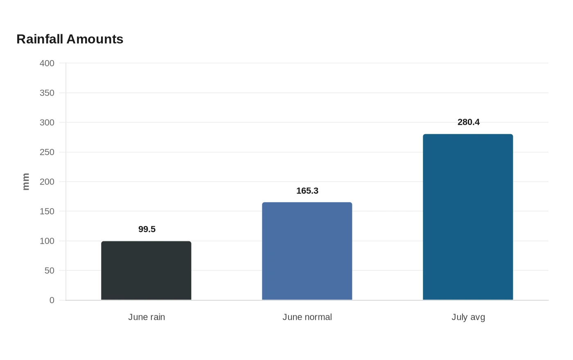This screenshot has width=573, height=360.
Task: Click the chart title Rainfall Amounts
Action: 70,39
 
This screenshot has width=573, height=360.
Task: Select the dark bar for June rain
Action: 146,270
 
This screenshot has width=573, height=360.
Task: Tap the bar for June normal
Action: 307,251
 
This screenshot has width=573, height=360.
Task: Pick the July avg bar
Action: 468,217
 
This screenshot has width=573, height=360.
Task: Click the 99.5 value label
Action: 147,229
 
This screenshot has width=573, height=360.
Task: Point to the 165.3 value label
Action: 307,191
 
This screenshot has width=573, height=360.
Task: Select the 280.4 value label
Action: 468,122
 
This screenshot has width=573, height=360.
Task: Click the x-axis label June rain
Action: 147,317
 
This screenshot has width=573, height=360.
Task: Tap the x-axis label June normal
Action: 307,317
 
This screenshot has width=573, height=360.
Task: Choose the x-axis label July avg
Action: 468,317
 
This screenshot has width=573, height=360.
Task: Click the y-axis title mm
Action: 26,182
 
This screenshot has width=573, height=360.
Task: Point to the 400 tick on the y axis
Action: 47,63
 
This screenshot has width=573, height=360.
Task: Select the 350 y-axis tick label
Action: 47,93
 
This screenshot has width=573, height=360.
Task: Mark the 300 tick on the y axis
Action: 47,122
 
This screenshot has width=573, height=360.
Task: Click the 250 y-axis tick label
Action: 47,152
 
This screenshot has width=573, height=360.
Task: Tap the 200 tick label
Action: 47,182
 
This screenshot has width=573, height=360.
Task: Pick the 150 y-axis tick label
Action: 47,211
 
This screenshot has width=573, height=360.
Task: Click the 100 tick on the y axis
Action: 47,241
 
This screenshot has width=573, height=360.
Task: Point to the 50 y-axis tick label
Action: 50,270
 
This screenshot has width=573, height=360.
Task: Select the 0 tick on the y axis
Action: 52,300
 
